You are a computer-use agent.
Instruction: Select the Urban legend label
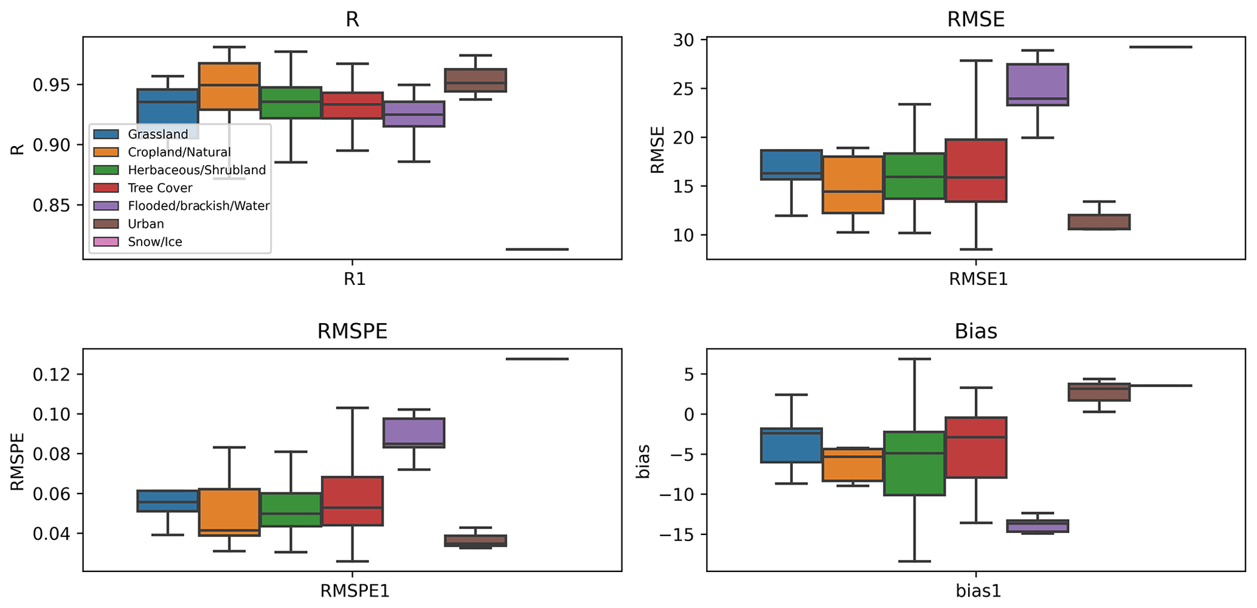pyautogui.click(x=146, y=224)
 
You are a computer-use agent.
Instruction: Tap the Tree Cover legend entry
pyautogui.click(x=160, y=188)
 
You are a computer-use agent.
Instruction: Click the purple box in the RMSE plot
pyautogui.click(x=1037, y=84)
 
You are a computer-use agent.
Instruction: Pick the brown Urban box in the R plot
pyautogui.click(x=476, y=80)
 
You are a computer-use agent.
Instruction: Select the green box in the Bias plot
pyautogui.click(x=914, y=463)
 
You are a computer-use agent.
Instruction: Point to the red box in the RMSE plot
pyautogui.click(x=975, y=170)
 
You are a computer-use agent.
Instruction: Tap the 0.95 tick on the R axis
pyautogui.click(x=52, y=85)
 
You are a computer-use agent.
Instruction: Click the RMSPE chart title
pyautogui.click(x=352, y=332)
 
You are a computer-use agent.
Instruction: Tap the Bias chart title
pyautogui.click(x=975, y=332)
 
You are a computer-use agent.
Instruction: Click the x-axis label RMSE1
pyautogui.click(x=978, y=279)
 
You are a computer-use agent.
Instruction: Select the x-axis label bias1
pyautogui.click(x=978, y=591)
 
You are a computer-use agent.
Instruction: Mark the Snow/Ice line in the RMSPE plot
pyautogui.click(x=537, y=359)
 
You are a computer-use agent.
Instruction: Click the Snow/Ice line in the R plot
pyautogui.click(x=537, y=249)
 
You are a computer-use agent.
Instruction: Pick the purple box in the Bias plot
pyautogui.click(x=1037, y=526)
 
